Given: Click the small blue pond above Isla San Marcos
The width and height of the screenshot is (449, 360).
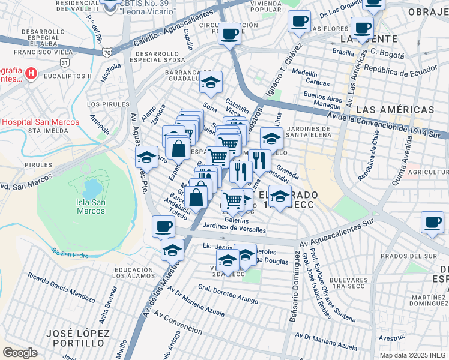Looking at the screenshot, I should click(92, 188).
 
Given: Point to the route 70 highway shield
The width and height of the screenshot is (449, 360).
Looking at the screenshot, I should click(107, 52).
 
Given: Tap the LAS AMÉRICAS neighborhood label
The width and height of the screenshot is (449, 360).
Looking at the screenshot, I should click(394, 110).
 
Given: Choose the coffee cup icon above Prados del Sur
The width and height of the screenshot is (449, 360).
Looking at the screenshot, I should click(432, 222).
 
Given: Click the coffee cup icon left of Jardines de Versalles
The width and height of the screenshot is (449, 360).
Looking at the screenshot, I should click(163, 226).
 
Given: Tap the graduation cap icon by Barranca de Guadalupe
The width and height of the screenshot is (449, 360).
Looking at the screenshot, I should click(211, 82).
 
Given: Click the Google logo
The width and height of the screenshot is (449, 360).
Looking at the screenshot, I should click(20, 353).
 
